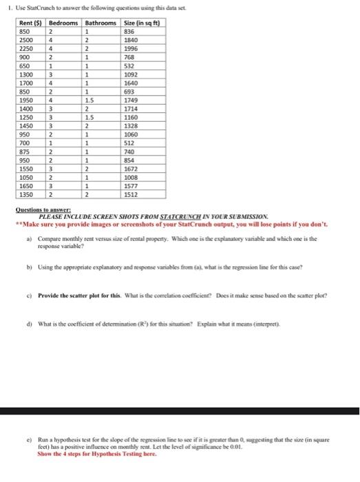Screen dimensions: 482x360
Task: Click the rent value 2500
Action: pos(26,41)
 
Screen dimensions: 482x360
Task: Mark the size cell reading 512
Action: pos(129,148)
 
